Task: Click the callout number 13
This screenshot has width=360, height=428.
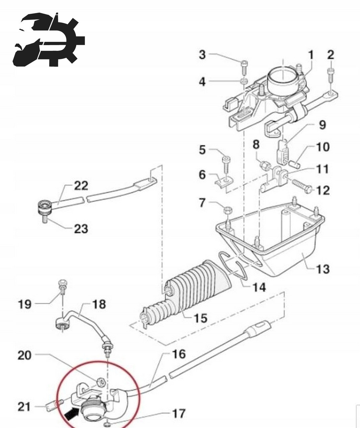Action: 323,269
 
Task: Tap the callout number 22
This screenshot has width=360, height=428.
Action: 81,186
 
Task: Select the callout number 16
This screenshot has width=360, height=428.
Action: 179,354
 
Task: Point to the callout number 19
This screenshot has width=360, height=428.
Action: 25,304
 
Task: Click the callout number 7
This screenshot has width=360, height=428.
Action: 202,203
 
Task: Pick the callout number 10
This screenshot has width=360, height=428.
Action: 323,147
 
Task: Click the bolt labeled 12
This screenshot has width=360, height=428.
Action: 302,186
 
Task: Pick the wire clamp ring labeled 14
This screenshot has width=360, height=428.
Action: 234,267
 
